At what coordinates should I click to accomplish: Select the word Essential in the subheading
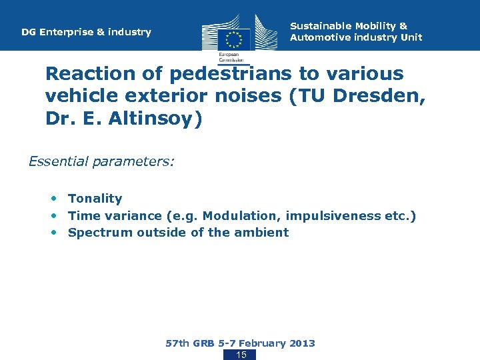coord(57,161)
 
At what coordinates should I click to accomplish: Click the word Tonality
coord(95,199)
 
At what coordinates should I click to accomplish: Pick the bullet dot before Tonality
coord(54,199)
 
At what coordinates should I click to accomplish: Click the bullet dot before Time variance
coord(54,215)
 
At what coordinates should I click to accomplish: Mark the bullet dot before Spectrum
coord(54,233)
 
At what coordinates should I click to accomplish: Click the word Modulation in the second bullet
coord(233,215)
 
